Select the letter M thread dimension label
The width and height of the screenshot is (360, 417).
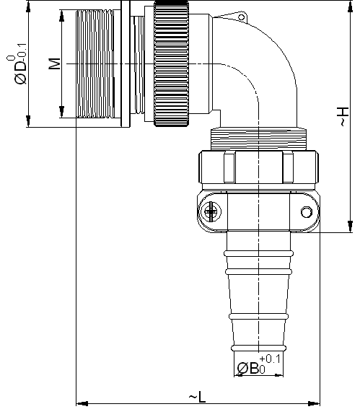55,63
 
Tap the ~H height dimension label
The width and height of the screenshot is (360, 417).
343,116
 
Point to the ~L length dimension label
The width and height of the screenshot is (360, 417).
197,398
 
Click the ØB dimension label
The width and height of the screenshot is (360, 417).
247,369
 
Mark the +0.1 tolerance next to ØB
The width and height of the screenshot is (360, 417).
270,359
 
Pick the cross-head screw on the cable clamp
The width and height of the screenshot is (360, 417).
211,211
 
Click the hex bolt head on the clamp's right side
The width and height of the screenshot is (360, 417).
307,212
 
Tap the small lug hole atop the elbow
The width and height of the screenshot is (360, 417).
241,17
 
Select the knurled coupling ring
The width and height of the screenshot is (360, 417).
172,63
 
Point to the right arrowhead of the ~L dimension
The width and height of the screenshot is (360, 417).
314,404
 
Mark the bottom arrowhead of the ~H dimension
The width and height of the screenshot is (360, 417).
351,227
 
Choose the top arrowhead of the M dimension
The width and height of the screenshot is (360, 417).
62,16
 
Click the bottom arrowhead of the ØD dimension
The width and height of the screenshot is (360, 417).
28,121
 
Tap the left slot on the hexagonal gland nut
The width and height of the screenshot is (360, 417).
229,167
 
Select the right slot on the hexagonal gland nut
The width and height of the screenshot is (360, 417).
288,167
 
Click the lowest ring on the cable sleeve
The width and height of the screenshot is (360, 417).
259,348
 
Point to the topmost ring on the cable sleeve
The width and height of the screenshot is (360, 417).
259,253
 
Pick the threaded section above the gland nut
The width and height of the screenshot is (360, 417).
258,139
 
